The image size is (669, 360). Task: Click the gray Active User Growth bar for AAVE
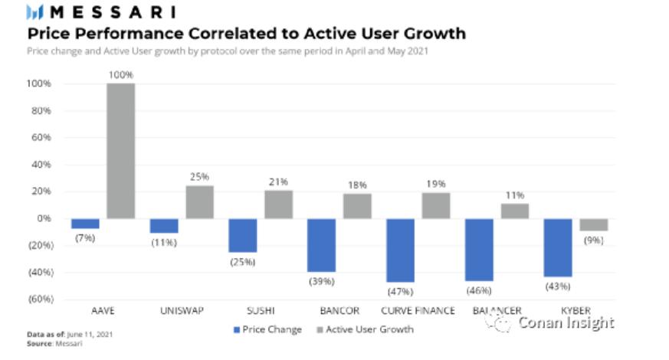pyautogui.click(x=120, y=150)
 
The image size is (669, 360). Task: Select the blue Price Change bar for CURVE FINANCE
pyautogui.click(x=401, y=250)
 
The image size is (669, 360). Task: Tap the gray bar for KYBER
pyautogui.click(x=593, y=224)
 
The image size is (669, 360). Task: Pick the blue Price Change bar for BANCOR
pyautogui.click(x=322, y=244)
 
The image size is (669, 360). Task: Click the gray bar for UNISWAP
pyautogui.click(x=199, y=201)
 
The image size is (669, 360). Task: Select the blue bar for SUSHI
pyautogui.click(x=243, y=235)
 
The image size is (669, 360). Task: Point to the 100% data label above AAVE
pyautogui.click(x=121, y=75)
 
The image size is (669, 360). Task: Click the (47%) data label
pyautogui.click(x=401, y=292)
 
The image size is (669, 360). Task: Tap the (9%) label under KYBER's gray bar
pyautogui.click(x=593, y=241)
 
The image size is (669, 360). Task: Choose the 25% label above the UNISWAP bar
pyautogui.click(x=199, y=177)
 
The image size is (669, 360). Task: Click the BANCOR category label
pyautogui.click(x=338, y=311)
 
